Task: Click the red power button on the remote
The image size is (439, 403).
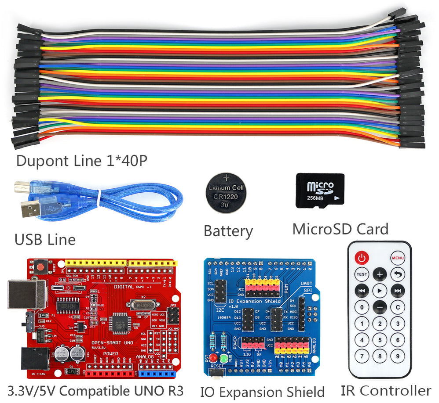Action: (x=362, y=257)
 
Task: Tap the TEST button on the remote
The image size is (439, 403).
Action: (x=362, y=274)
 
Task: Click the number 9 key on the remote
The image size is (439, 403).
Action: (x=398, y=356)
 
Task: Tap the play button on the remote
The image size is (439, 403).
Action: (x=380, y=291)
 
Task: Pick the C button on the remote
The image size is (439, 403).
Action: (x=398, y=307)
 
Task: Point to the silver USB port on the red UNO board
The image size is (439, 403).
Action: (x=26, y=294)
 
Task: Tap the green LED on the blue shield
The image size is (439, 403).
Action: (x=223, y=358)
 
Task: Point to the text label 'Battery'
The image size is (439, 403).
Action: (x=228, y=231)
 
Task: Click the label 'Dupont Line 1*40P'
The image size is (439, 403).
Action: (x=82, y=161)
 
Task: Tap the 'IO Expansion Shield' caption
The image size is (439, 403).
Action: (x=262, y=392)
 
